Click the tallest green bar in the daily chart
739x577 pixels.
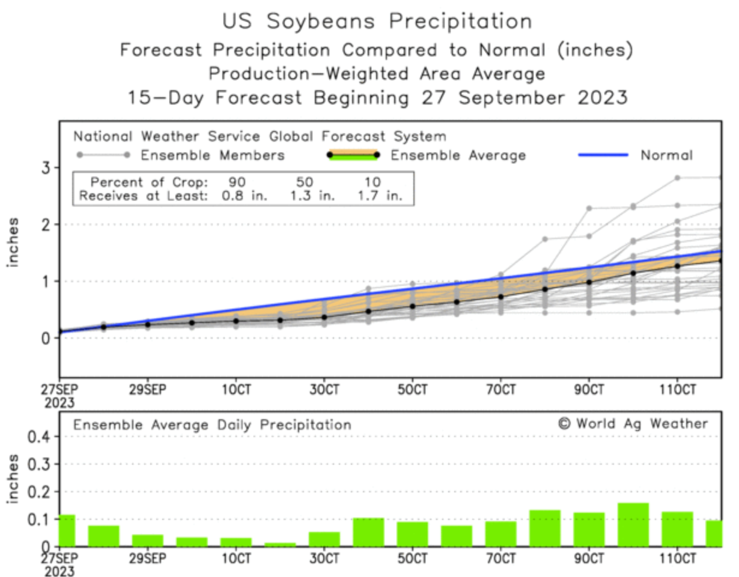633,525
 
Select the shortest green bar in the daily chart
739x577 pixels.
280,544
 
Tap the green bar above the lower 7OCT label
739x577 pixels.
500,534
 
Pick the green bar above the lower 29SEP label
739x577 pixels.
147,540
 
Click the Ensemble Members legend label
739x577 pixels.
212,156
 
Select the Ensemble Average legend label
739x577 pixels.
458,156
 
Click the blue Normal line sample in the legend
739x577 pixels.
603,156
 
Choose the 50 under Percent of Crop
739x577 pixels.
305,182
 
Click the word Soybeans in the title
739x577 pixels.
321,21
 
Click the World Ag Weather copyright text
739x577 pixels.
633,423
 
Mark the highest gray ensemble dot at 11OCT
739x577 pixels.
677,178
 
